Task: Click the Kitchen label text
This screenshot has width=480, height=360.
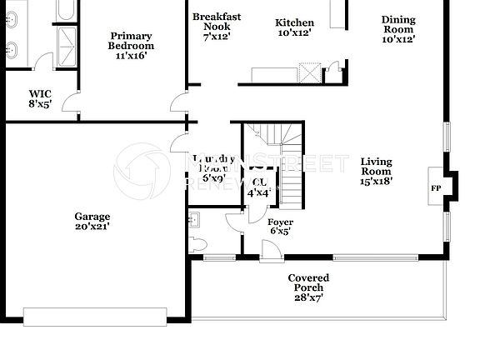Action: click(x=295, y=23)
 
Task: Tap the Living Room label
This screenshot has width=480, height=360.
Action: click(x=376, y=166)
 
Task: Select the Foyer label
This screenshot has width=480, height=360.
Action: click(x=280, y=222)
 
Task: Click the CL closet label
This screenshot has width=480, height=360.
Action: click(x=259, y=182)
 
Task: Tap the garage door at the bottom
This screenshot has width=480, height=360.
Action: click(x=96, y=316)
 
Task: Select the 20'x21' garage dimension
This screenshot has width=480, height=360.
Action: click(x=92, y=226)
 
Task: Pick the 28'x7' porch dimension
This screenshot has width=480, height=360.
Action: click(x=308, y=297)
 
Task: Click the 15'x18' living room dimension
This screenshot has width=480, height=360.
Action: click(x=376, y=180)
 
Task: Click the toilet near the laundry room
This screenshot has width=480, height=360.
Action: click(x=193, y=219)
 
